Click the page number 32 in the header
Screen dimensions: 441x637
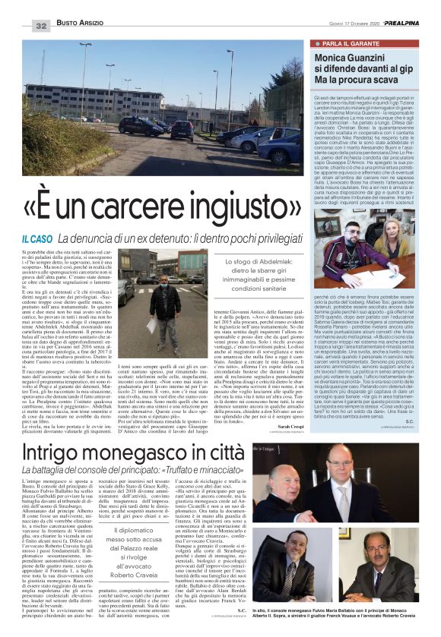pyautogui.click(x=40, y=26)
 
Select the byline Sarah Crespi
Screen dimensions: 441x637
pyautogui.click(x=290, y=427)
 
